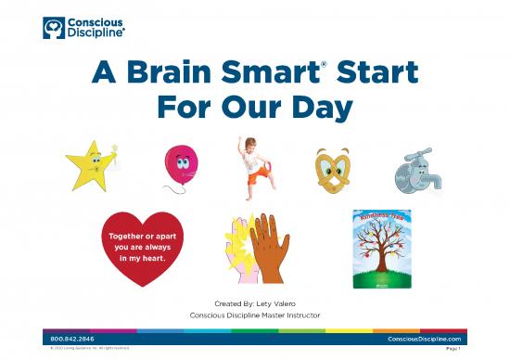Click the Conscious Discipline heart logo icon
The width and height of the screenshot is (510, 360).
pyautogui.click(x=54, y=27)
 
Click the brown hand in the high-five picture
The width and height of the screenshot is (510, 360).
pyautogui.click(x=269, y=248)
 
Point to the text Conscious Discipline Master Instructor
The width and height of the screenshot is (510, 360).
pyautogui.click(x=254, y=315)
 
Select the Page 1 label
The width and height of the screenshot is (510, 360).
pyautogui.click(x=453, y=350)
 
